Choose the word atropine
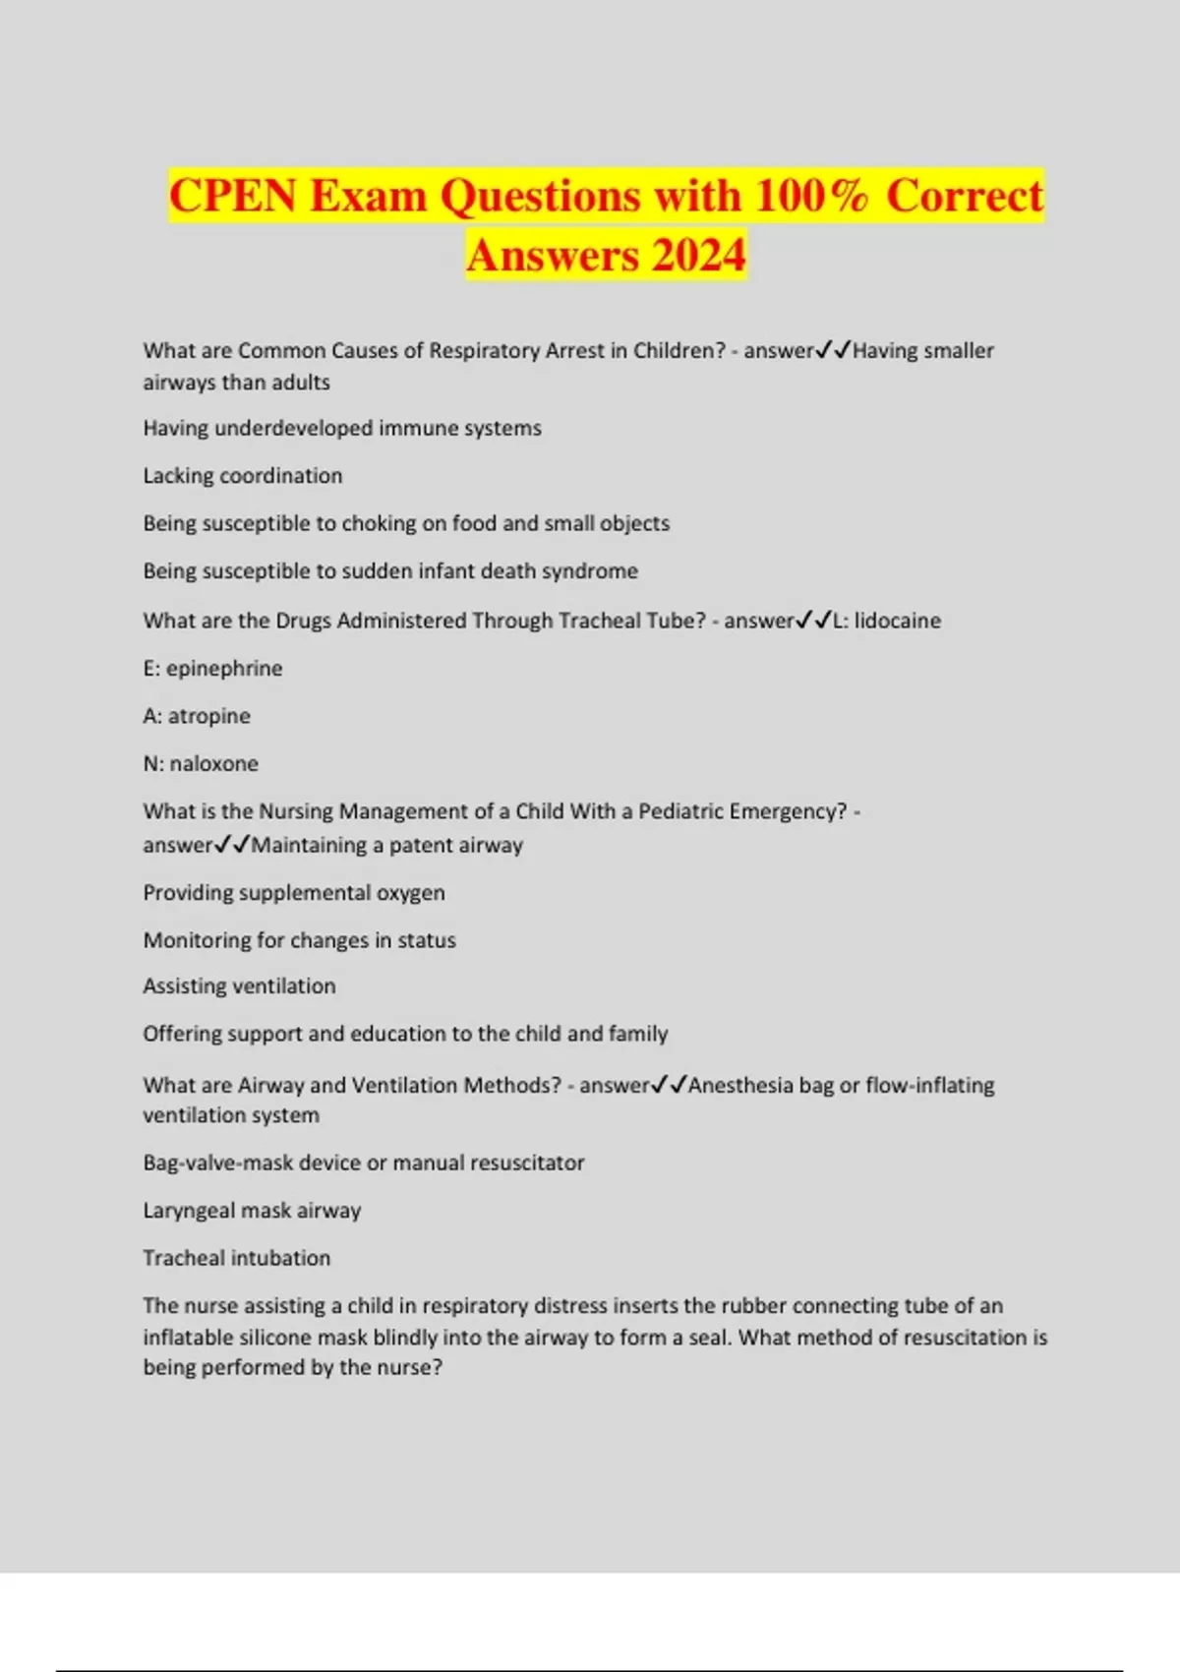208,716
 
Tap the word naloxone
213,764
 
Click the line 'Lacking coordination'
243,476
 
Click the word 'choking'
406,523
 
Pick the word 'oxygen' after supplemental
410,893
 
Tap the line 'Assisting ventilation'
239,986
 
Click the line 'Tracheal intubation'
236,1258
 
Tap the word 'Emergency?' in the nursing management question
792,811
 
